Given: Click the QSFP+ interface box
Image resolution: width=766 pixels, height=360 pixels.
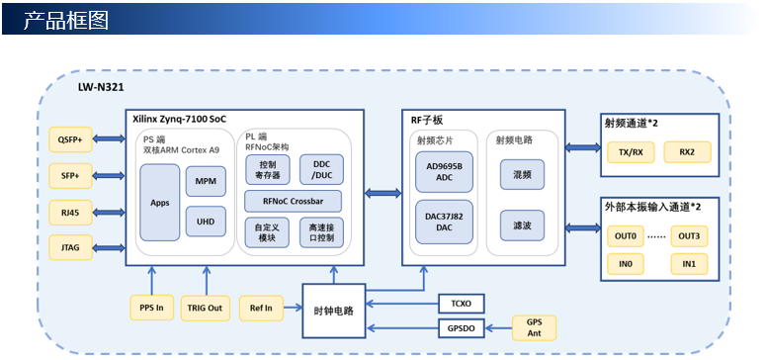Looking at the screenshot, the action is tap(70, 139).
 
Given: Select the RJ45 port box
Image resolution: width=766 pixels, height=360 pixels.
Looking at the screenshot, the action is tap(70, 213).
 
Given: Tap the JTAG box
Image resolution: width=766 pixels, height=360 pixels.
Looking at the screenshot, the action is tap(70, 248).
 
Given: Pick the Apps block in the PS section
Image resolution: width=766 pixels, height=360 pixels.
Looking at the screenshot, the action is tap(160, 203).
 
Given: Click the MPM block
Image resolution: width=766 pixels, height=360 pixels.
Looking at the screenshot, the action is tap(206, 181).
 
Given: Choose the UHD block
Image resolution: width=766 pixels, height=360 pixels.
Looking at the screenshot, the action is tap(206, 222).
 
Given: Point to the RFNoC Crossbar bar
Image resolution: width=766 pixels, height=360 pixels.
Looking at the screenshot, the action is tap(294, 201).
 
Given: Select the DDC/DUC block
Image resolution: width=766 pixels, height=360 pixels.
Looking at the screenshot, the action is tap(321, 169).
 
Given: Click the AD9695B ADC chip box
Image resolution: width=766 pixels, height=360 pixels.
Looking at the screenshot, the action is tap(444, 172).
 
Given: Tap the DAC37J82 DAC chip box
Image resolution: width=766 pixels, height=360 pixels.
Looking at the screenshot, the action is tap(444, 223).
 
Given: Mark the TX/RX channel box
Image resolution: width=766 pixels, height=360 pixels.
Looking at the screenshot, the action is tap(631, 152).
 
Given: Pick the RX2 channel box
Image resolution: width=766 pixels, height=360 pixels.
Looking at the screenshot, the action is tap(687, 152).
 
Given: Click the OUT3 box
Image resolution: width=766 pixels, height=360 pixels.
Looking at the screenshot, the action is tap(689, 236).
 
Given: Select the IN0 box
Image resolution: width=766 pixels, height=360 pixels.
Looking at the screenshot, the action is tap(626, 264).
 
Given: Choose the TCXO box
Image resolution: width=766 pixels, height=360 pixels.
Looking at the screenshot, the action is tap(462, 304).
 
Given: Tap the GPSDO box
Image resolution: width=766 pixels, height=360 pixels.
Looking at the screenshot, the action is tap(462, 328).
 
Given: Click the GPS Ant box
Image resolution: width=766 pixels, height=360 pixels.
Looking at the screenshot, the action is tap(534, 327).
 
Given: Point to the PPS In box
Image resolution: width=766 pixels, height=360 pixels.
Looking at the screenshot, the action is tap(152, 308).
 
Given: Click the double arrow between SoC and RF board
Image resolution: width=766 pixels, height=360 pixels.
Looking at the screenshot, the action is tap(383, 194).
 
